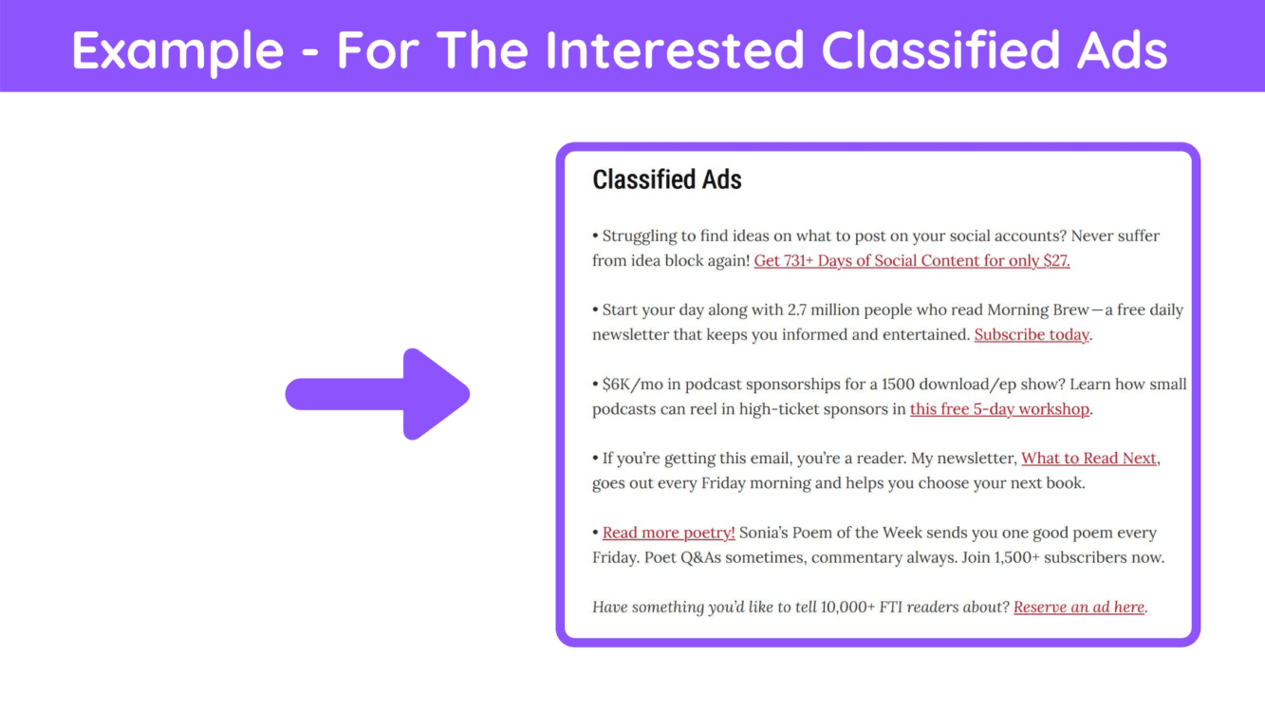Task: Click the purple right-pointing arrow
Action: coord(378,394)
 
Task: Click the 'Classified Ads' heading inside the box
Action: coord(666,179)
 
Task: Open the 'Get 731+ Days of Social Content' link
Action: coord(911,260)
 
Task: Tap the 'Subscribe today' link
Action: coord(1032,334)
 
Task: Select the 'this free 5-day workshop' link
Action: coord(999,408)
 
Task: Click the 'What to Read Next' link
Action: coord(1088,458)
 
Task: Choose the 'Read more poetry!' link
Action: coord(669,533)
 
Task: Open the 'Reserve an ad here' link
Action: coord(1079,607)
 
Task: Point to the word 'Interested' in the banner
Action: coord(675,50)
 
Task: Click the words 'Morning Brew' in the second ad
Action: coord(1038,309)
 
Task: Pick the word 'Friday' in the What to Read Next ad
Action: coord(720,482)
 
